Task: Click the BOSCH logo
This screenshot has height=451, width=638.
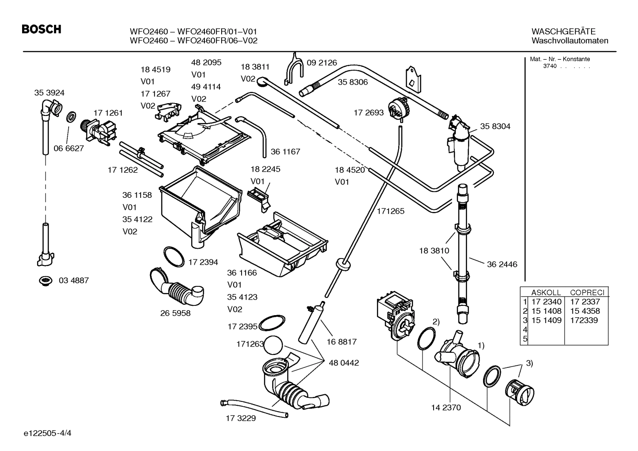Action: [41, 30]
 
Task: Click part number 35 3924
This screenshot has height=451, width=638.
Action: [49, 93]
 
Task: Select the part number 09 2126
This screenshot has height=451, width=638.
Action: [322, 63]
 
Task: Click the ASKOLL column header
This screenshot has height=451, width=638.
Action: [546, 293]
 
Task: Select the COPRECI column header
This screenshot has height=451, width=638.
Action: [587, 293]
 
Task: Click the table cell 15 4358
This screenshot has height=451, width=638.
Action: [585, 311]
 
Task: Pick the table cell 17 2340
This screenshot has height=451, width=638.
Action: [546, 302]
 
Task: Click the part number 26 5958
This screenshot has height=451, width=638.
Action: [175, 313]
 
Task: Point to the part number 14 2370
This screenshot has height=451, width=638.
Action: [446, 408]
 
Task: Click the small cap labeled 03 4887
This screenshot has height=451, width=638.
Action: [45, 281]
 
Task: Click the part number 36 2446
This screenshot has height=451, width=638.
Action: [502, 265]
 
